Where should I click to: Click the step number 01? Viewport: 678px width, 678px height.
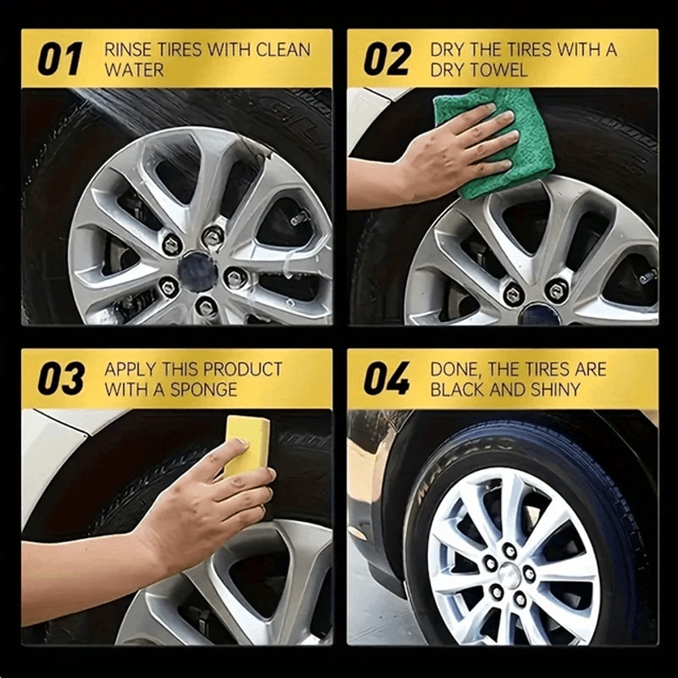click(59, 60)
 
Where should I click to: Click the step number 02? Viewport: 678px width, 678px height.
click(386, 60)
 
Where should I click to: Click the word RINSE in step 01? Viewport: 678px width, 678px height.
click(127, 50)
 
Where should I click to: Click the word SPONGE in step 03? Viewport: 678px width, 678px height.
click(208, 390)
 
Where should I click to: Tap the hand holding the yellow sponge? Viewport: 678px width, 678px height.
click(212, 508)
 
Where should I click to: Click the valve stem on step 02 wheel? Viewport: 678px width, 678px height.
click(647, 275)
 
